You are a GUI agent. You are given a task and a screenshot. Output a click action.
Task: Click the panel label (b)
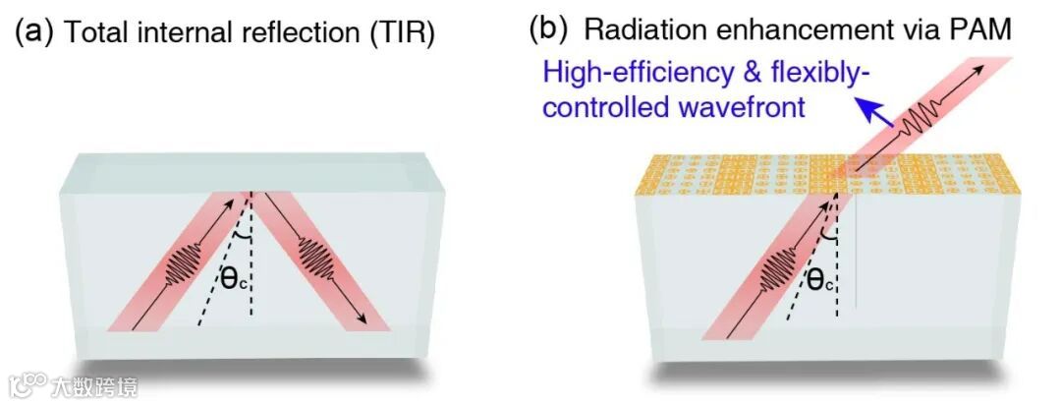548,29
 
